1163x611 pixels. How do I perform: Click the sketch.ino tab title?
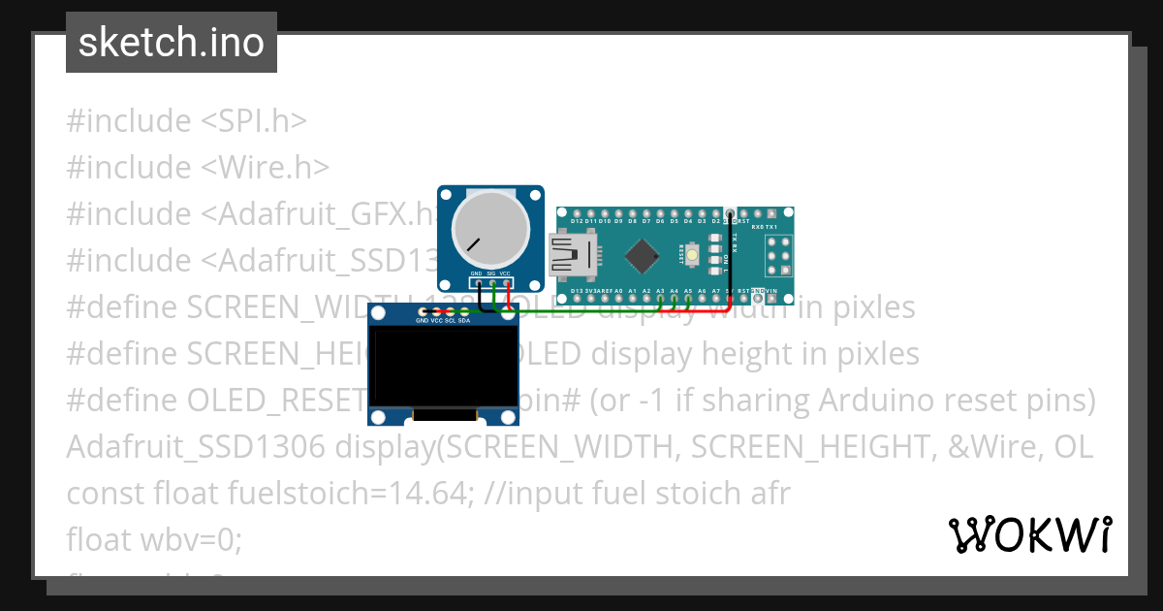171,43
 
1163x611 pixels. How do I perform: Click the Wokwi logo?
1029,534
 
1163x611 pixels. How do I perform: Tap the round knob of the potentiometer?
490,231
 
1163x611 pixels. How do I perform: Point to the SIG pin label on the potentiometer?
490,274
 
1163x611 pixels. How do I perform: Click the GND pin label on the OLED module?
422,320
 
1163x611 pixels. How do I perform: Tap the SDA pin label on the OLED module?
464,320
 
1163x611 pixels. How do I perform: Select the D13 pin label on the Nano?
577,291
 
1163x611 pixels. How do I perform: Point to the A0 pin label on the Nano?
618,291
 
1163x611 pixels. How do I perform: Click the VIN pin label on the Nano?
771,291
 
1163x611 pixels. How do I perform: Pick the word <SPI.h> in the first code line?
254,121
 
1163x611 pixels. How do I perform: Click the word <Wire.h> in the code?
266,168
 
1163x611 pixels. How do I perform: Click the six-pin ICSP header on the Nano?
779,257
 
